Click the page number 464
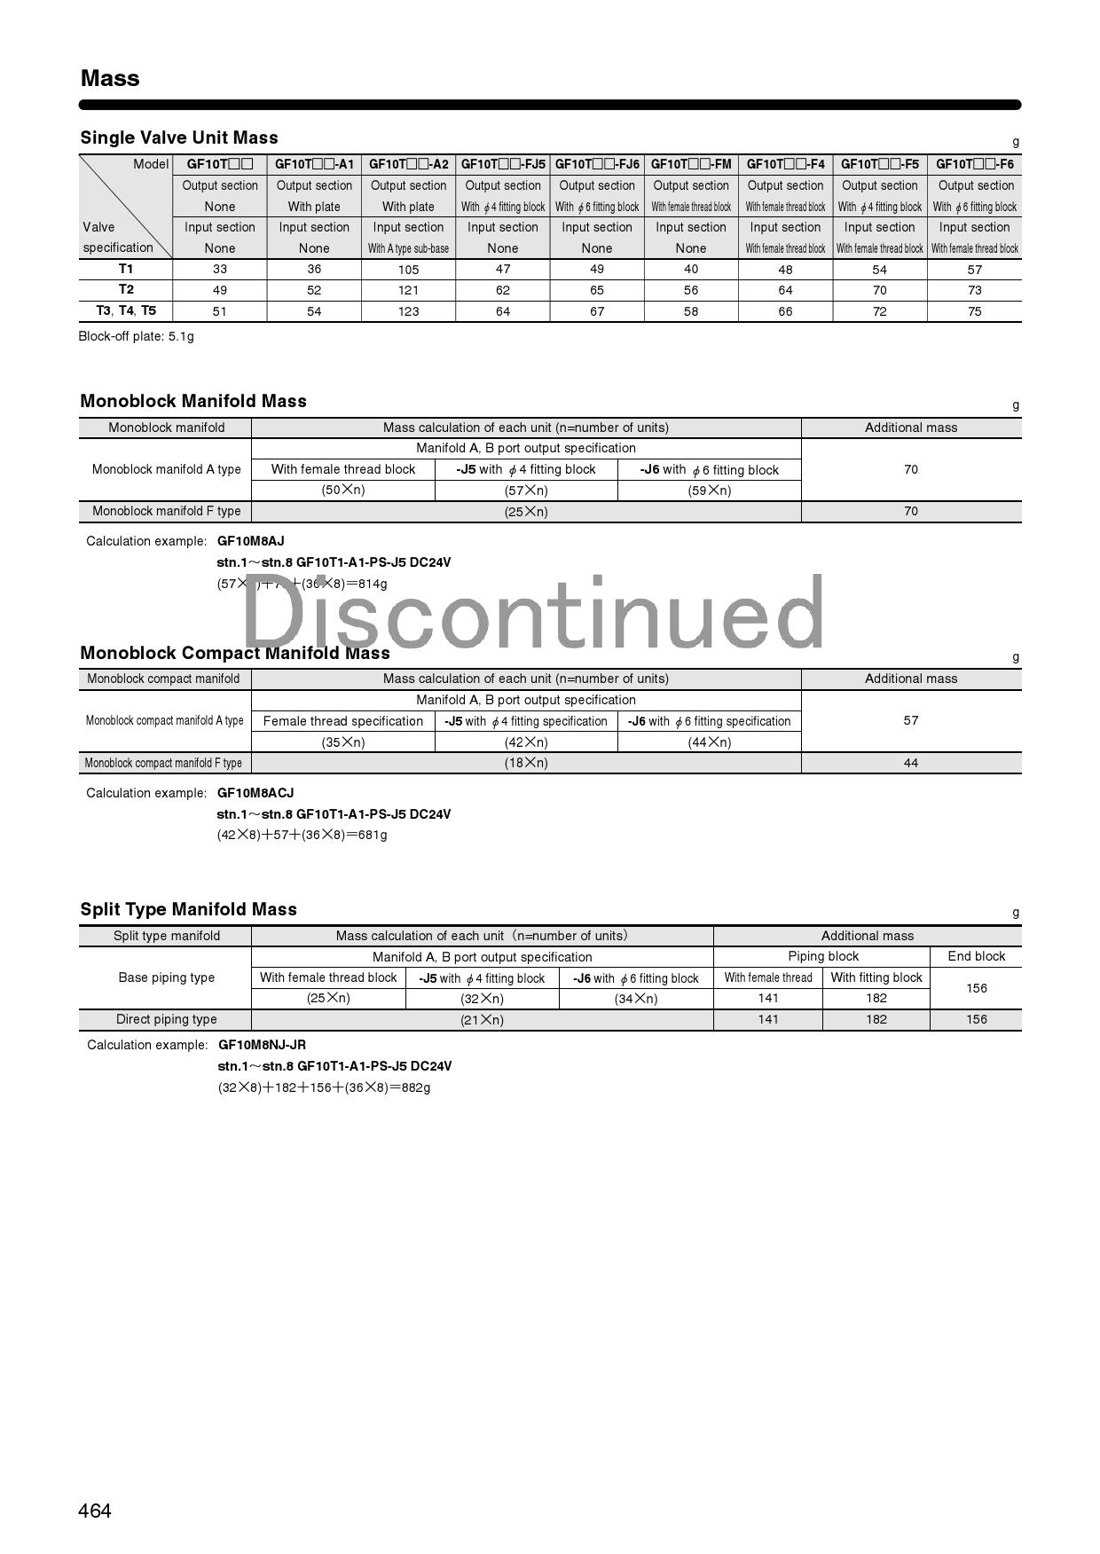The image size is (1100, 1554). (x=95, y=1511)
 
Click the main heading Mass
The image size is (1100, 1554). (x=110, y=78)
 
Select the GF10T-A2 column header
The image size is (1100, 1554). (x=408, y=164)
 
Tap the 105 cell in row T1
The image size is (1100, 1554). (x=408, y=270)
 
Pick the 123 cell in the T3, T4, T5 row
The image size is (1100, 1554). (x=408, y=311)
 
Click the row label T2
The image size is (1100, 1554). (x=126, y=289)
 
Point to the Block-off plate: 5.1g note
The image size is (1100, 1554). (x=136, y=336)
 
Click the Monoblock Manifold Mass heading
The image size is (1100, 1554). (x=193, y=401)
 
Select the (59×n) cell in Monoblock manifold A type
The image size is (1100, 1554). (x=709, y=491)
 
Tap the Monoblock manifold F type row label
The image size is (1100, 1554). (x=166, y=511)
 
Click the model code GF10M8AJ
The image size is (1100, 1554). (x=251, y=541)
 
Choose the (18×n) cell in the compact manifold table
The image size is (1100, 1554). (x=526, y=763)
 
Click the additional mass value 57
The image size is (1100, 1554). (x=910, y=720)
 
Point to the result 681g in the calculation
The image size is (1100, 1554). (x=373, y=835)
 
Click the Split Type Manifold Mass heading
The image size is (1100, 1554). (x=188, y=909)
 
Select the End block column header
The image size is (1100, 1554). (x=976, y=956)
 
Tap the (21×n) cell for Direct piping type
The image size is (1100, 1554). (x=482, y=1020)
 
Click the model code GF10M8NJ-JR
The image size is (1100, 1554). (x=262, y=1045)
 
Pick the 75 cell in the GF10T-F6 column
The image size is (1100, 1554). (x=974, y=311)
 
